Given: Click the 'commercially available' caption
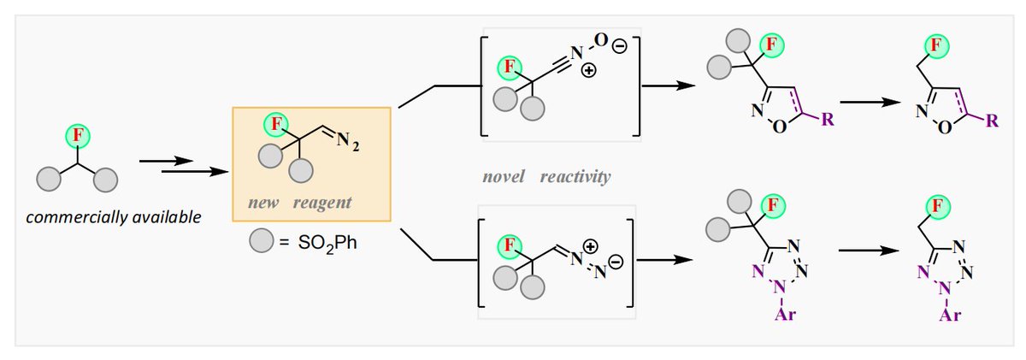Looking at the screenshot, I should point(114,217).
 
